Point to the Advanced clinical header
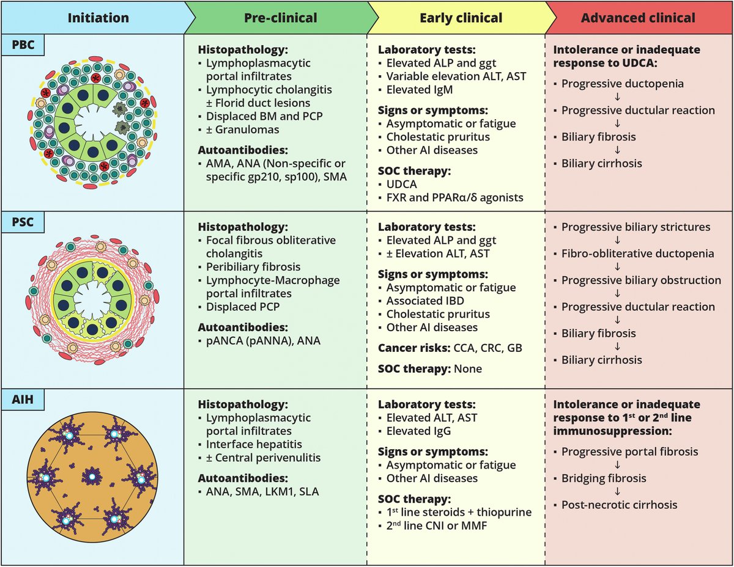(638, 18)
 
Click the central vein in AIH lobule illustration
(91, 476)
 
